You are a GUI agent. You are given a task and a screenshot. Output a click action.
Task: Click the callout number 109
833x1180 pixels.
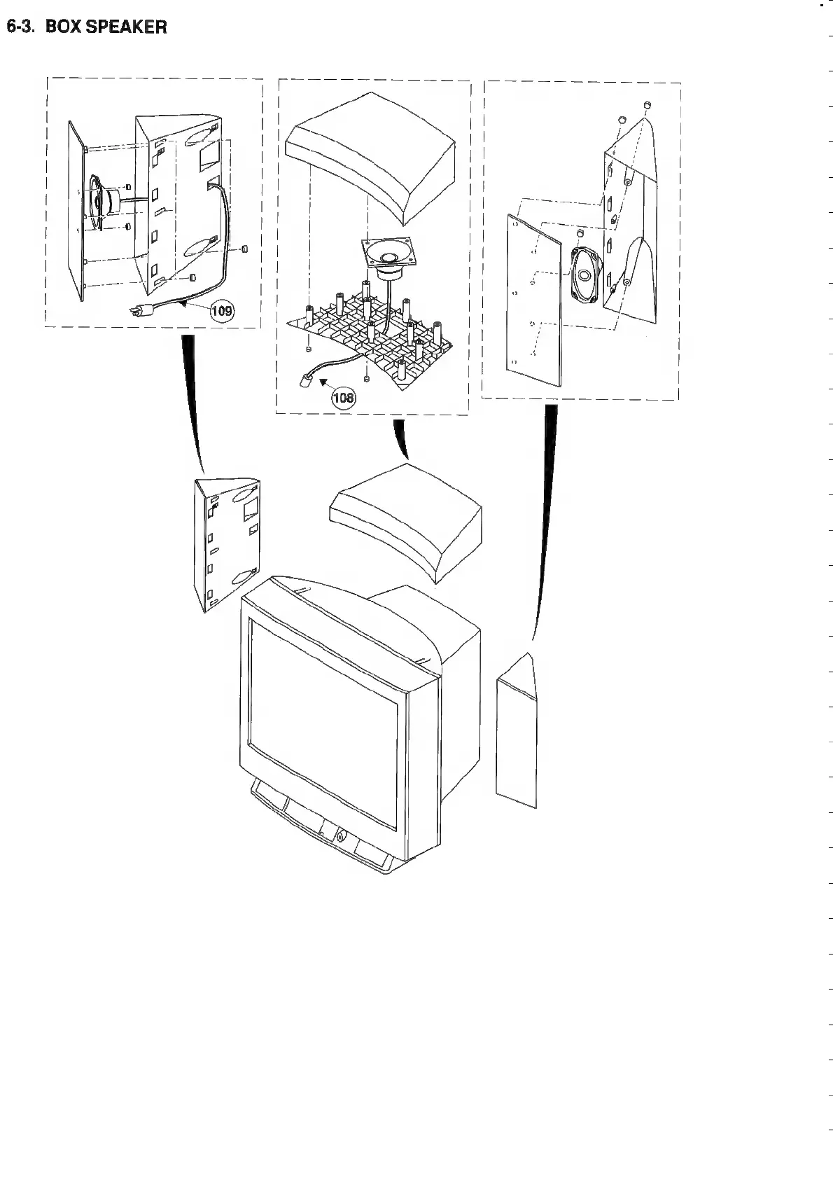pos(222,311)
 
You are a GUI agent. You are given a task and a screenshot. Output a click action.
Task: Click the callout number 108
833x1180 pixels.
pos(344,398)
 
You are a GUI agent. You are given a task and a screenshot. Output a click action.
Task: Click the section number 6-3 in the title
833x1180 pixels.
pos(20,27)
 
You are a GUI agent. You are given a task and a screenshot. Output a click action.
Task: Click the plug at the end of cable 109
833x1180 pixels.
pos(135,313)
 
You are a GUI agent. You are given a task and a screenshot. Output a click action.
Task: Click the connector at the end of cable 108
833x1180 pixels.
pos(306,382)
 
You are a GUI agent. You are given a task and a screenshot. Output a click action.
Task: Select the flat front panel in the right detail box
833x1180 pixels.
pos(534,301)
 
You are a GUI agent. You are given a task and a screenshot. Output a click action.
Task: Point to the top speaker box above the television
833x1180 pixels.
pos(406,517)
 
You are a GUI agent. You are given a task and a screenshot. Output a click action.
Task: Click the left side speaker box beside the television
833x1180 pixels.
pos(225,543)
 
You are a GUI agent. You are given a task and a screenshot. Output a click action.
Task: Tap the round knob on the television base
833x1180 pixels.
pos(340,835)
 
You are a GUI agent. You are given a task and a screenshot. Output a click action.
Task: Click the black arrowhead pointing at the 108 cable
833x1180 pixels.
pos(323,382)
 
